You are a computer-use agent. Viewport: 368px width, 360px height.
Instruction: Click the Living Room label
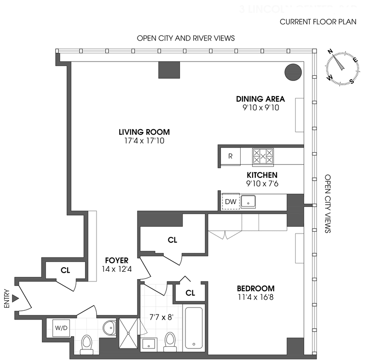[141, 132]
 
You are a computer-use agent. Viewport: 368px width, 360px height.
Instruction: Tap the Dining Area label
[260, 99]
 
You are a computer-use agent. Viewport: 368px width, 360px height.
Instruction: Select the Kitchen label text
[262, 175]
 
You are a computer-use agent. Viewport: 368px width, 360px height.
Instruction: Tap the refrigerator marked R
[230, 156]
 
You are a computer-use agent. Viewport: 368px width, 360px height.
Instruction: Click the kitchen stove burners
[263, 156]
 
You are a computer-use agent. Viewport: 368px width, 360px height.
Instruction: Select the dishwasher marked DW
[230, 201]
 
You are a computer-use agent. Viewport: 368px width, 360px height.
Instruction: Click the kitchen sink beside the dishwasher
[248, 201]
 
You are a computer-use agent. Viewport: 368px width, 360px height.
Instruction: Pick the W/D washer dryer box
[61, 328]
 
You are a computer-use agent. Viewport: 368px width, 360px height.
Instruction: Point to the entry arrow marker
[15, 298]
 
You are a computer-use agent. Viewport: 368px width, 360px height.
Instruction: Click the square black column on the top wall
[169, 69]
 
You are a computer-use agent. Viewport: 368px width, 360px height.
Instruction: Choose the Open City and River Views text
[186, 38]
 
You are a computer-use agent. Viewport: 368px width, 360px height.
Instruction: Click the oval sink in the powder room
[109, 328]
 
